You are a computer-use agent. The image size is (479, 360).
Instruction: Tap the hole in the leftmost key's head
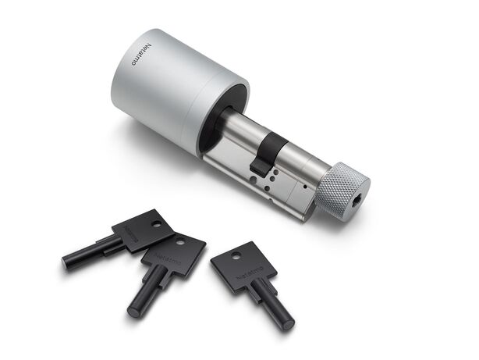pos(156,223)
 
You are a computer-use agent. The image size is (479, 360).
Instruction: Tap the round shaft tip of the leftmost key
pos(69,263)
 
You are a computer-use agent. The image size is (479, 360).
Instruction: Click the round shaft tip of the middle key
pos(132,305)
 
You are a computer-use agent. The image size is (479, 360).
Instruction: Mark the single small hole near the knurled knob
pos(302,188)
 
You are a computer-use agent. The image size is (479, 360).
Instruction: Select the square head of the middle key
pos(175,253)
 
